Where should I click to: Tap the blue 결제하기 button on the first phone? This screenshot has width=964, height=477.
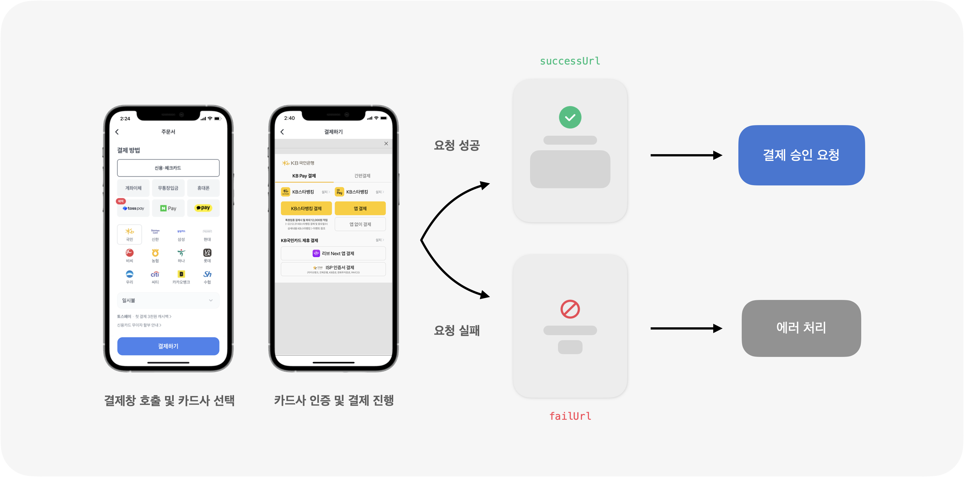coord(168,346)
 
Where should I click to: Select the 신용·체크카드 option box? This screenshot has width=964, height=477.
coord(168,168)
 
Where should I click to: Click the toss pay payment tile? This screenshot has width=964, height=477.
coord(133,208)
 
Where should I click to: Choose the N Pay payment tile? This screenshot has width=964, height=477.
coord(168,208)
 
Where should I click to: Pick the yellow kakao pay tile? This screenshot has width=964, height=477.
coord(203,208)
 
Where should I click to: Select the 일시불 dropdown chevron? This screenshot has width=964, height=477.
coord(211,300)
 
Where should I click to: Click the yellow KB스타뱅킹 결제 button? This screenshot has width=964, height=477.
coord(306,208)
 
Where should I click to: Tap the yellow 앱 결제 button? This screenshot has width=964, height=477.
coord(360,208)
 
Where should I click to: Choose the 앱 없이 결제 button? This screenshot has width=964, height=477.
coord(360,224)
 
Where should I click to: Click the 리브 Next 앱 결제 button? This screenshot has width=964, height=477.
coord(333,253)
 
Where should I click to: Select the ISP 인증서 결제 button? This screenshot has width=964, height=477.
coord(333,269)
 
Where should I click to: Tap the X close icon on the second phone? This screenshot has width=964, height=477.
coord(386,144)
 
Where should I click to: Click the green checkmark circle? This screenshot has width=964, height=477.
coord(570,118)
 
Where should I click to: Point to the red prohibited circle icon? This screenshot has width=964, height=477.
coord(570,309)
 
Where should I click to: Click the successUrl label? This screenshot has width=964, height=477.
coord(570,61)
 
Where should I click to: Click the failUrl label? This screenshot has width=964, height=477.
coord(570,416)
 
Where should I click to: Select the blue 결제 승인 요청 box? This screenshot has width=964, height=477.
coord(801,155)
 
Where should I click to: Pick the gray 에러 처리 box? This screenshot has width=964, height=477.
coord(801,328)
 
